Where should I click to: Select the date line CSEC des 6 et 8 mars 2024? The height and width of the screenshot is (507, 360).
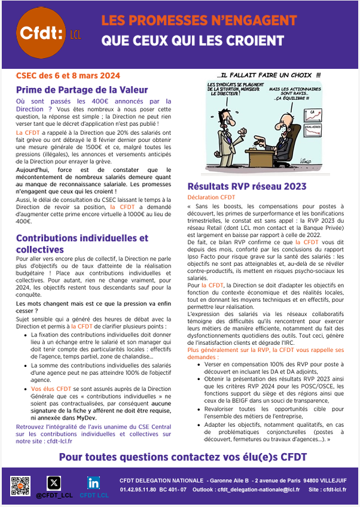tap(68, 75)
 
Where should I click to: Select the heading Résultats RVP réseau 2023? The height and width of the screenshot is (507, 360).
tap(247, 186)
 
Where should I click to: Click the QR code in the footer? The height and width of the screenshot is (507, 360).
tap(20, 485)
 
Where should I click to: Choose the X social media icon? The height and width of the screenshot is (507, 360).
tap(54, 482)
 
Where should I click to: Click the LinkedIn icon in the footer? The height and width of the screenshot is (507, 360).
tap(93, 482)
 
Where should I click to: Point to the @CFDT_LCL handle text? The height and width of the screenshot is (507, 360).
tap(54, 496)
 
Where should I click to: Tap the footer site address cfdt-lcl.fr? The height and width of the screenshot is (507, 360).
tap(338, 490)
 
